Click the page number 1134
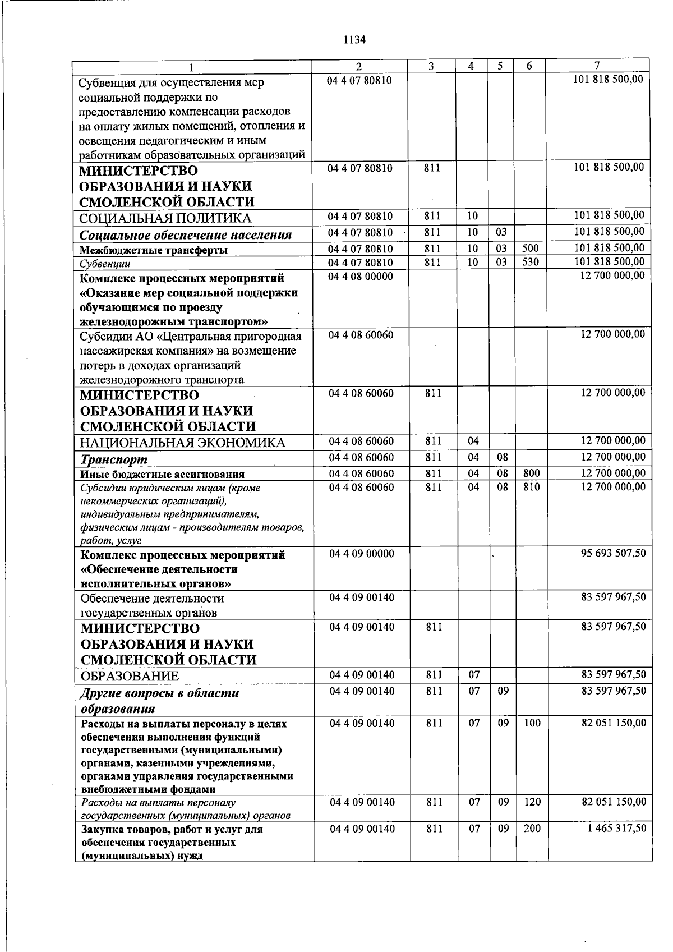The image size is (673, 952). [354, 40]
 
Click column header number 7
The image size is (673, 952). [597, 66]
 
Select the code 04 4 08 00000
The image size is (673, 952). [361, 277]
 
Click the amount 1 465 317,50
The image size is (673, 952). [616, 829]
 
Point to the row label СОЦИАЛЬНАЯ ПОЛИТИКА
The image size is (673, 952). [165, 218]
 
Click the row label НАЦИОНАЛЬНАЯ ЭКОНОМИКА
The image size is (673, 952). [183, 443]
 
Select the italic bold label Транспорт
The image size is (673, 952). [114, 459]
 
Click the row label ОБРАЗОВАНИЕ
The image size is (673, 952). [130, 676]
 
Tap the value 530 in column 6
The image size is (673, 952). [530, 263]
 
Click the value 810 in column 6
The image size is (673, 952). [531, 488]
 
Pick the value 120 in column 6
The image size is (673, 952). [532, 802]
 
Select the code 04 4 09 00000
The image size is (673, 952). [362, 554]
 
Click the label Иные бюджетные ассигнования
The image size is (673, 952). [163, 475]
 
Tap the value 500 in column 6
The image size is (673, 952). [530, 249]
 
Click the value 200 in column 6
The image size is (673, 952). [532, 829]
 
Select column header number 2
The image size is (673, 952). [359, 66]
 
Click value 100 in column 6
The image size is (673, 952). [532, 724]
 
